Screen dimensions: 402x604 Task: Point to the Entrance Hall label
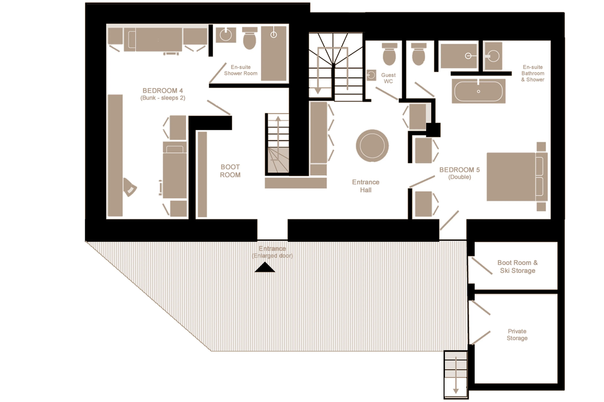366,186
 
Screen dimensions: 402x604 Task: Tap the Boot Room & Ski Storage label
517,266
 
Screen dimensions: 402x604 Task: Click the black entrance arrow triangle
265,267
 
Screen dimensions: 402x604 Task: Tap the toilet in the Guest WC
389,55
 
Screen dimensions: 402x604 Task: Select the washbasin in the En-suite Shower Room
226,35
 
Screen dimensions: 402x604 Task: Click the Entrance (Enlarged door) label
272,252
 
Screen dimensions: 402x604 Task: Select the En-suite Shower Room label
240,70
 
